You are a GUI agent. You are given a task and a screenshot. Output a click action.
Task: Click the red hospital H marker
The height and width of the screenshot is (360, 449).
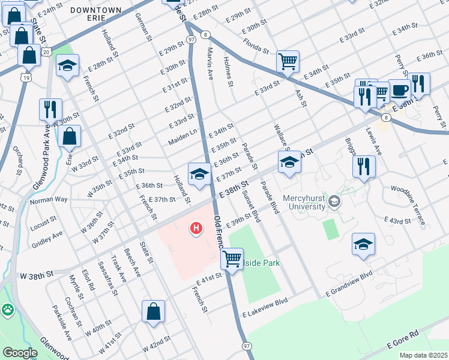click(x=196, y=228)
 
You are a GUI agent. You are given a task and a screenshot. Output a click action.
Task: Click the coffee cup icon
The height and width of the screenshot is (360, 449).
click(x=400, y=91)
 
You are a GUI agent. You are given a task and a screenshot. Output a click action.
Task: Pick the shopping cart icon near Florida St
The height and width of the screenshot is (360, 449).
click(x=288, y=61)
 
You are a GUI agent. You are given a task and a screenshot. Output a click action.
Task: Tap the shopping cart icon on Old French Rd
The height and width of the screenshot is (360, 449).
click(x=231, y=259)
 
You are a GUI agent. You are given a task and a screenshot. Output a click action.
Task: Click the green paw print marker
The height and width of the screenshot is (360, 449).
click(x=8, y=310)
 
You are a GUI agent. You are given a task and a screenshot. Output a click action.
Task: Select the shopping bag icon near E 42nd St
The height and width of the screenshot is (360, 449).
click(x=153, y=311)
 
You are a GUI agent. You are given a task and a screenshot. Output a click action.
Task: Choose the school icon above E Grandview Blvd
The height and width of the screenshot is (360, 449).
click(x=363, y=244)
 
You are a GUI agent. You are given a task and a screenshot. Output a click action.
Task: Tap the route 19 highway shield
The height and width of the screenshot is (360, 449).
click(x=25, y=77)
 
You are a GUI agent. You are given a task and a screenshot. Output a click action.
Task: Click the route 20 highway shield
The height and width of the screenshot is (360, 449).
click(x=46, y=53)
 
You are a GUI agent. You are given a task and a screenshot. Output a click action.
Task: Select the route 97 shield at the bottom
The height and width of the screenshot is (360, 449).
click(x=247, y=346)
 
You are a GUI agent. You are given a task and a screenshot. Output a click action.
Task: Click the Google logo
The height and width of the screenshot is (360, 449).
click(x=20, y=353)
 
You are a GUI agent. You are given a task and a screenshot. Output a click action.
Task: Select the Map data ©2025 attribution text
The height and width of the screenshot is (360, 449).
click(x=423, y=355)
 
